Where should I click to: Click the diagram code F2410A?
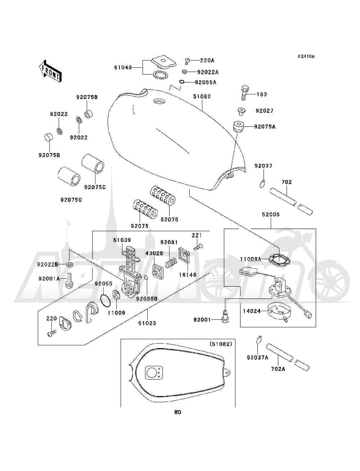306,57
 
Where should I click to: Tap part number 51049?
123,68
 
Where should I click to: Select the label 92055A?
206,82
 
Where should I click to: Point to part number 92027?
265,111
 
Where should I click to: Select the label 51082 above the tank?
202,97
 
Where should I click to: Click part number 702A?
278,369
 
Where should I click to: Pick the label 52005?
271,214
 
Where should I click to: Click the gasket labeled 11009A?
280,260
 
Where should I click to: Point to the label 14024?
252,311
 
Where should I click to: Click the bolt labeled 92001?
225,317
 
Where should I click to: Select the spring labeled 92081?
171,263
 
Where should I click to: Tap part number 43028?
154,253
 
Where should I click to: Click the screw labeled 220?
51,333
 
